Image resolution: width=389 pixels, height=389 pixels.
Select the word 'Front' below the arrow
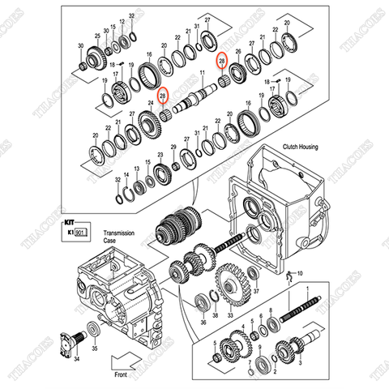click(x=121, y=375)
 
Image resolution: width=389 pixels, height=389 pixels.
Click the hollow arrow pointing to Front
click(x=123, y=360)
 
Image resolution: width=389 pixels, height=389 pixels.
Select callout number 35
click(x=95, y=348)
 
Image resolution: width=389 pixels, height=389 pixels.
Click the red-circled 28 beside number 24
click(x=163, y=96)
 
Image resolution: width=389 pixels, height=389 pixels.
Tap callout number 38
click(x=214, y=314)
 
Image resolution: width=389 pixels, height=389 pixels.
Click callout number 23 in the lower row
click(x=160, y=154)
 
